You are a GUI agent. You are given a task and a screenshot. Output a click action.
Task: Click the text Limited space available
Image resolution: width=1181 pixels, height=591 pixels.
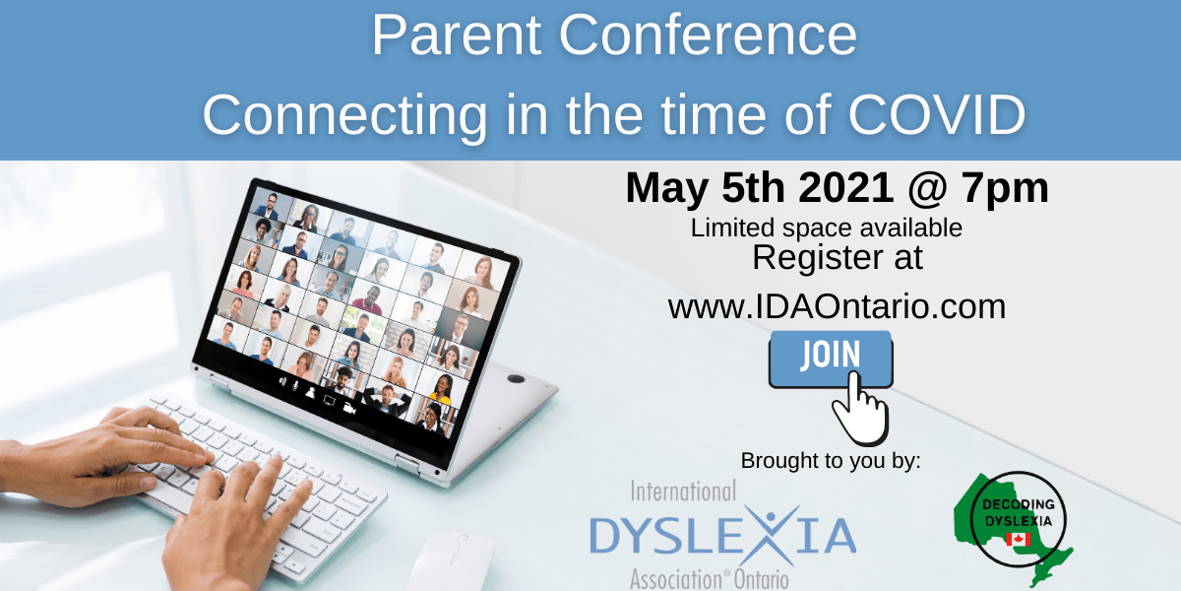[826, 228]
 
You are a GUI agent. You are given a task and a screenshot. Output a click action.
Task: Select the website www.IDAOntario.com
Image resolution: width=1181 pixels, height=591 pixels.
[837, 306]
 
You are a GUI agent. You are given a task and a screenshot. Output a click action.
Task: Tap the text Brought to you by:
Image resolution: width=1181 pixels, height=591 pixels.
[830, 460]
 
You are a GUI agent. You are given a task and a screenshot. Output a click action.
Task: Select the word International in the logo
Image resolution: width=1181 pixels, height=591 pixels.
[682, 490]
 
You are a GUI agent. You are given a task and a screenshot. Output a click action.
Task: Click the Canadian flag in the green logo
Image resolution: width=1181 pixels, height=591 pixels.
[1017, 539]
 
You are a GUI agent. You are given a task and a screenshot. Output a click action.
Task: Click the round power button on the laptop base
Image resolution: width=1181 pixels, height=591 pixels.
[515, 378]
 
